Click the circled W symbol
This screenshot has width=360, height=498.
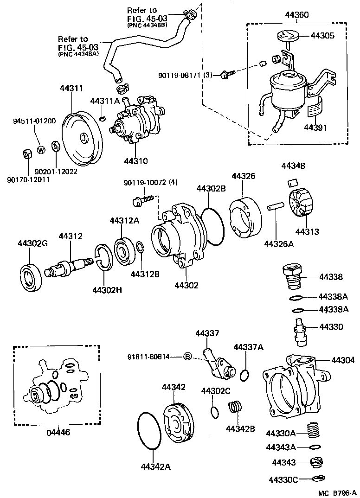(40, 150)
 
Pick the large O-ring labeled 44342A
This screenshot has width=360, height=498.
(149, 431)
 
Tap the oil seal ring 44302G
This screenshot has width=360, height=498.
(31, 277)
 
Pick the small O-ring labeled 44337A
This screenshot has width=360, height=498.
(245, 374)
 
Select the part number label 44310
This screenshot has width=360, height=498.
(136, 161)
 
